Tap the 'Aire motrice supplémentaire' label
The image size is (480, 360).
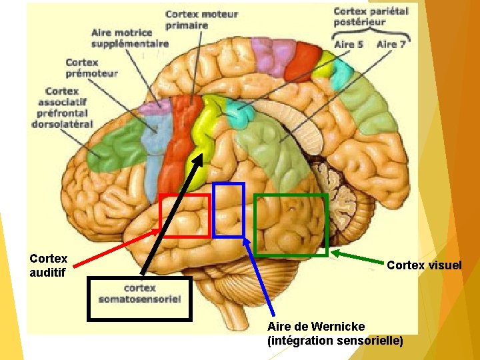130,38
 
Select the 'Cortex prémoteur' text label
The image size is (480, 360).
91,67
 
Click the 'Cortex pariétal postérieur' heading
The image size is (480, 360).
370,16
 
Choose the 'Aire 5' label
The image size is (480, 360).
349,45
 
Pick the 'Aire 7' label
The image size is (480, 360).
391,45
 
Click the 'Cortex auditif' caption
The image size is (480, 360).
49,265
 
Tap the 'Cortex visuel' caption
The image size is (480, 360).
424,265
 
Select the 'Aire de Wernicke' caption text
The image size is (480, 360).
316,327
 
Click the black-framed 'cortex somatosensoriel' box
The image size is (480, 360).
139,294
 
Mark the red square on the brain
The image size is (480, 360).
185,215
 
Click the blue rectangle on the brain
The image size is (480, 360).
229,210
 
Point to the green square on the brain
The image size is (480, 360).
291,225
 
